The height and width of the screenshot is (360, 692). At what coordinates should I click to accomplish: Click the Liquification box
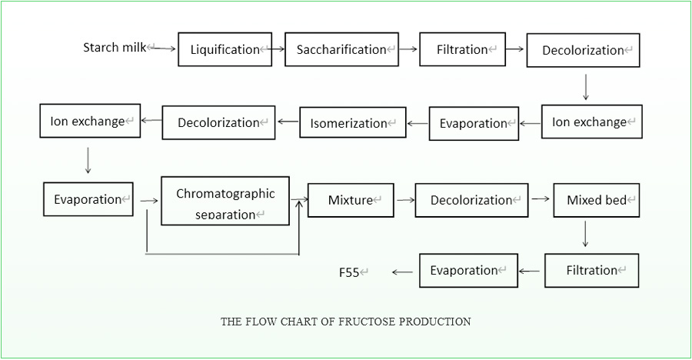(225, 49)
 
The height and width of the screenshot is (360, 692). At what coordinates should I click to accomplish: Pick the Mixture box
(351, 200)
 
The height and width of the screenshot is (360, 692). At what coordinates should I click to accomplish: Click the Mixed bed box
(597, 200)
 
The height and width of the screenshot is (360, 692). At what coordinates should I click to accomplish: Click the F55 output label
(350, 272)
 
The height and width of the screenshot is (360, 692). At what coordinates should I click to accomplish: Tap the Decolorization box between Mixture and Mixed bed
(471, 200)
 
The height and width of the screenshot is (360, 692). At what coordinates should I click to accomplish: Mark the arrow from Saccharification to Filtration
(408, 49)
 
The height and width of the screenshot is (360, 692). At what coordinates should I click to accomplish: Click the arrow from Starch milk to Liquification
(165, 48)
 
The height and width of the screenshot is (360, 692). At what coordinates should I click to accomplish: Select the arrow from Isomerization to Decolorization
(288, 122)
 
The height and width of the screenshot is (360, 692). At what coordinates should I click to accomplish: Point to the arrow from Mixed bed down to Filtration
(585, 234)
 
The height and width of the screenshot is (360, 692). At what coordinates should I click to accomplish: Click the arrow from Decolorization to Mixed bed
(541, 198)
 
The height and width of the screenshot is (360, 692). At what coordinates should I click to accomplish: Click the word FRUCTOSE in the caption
(365, 322)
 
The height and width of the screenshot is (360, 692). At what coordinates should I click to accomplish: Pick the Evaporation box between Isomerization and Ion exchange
(474, 123)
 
